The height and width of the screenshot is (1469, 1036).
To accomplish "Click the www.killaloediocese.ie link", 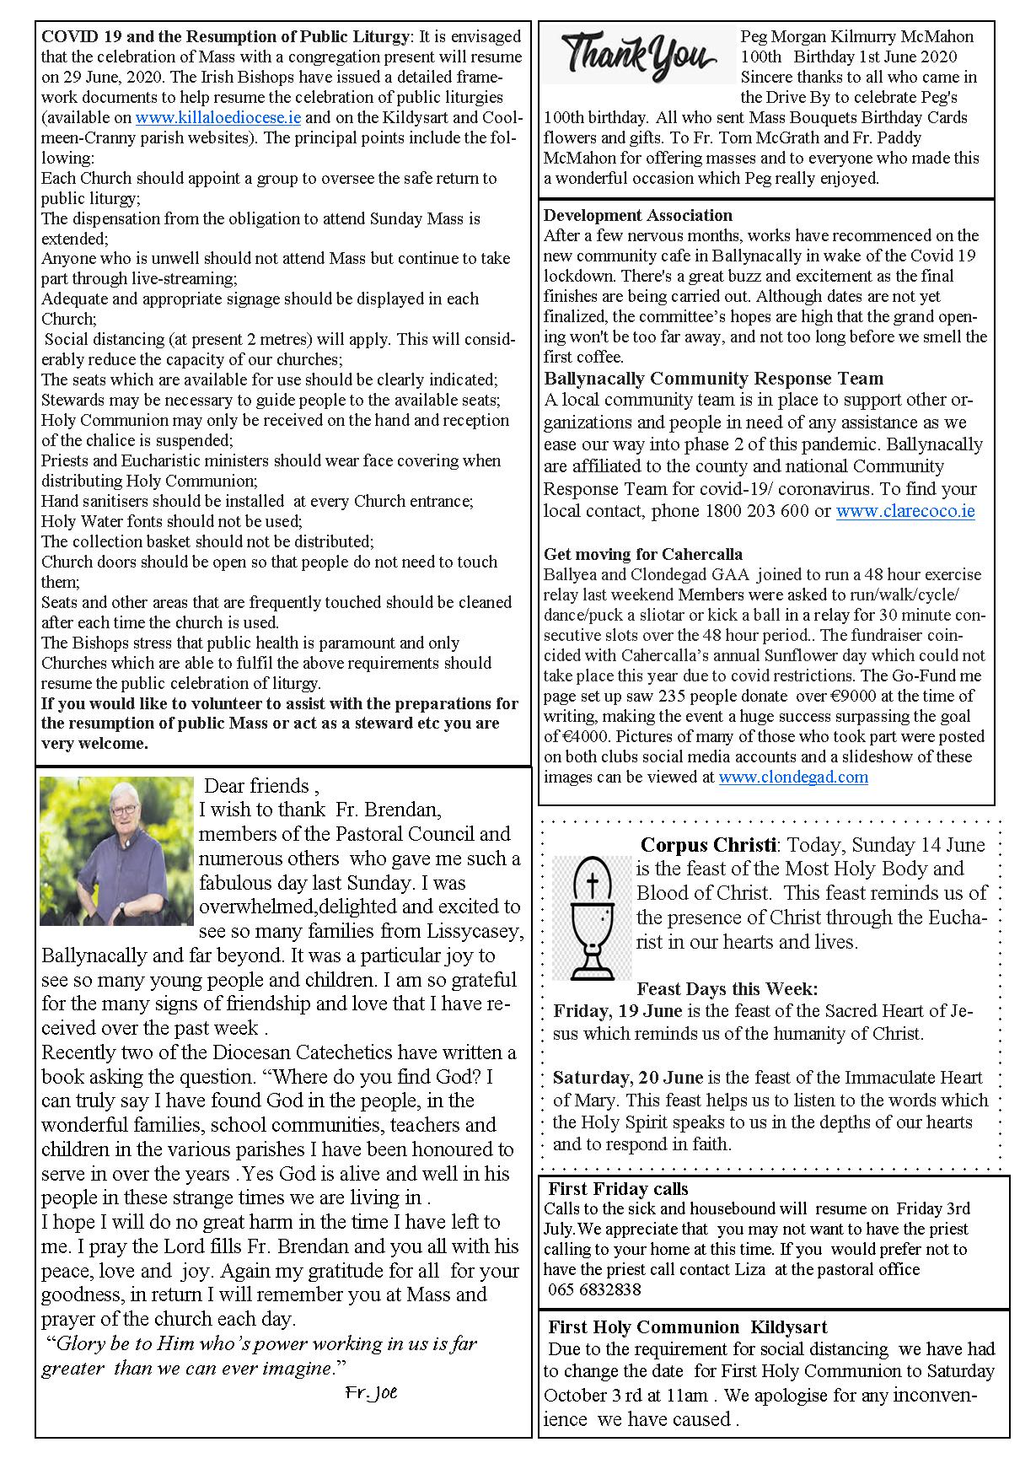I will [217, 118].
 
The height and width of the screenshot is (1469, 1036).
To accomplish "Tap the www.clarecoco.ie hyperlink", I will [904, 511].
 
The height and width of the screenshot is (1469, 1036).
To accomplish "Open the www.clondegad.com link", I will [792, 778].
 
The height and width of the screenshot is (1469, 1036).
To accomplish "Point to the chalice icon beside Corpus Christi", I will [592, 917].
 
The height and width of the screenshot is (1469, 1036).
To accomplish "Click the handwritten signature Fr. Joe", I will [370, 1393].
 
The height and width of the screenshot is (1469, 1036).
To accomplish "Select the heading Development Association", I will [637, 216].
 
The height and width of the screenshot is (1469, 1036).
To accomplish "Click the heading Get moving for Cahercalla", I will [642, 555].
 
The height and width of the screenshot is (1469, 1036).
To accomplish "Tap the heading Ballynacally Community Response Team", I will [713, 379].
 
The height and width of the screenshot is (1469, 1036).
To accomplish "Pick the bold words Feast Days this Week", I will [727, 989].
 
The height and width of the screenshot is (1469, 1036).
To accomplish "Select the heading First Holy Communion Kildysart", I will [687, 1327].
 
